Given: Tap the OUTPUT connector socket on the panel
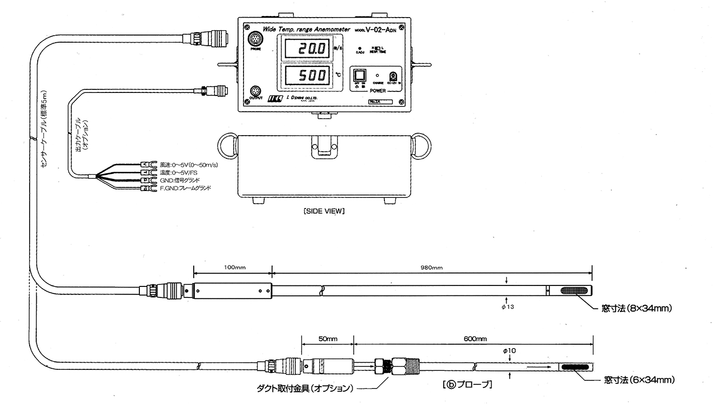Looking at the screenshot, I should coord(256,92).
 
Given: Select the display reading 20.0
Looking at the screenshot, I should coord(306,49).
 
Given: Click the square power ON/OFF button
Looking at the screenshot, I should coord(359,75).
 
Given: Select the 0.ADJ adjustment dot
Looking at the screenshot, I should coord(360,48).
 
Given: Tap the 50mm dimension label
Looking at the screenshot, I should coord(328,339).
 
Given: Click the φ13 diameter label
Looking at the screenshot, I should coord(507,306).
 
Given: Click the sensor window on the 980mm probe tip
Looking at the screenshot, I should coord(573,291).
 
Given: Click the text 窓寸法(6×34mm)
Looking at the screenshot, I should coord(639,380).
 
